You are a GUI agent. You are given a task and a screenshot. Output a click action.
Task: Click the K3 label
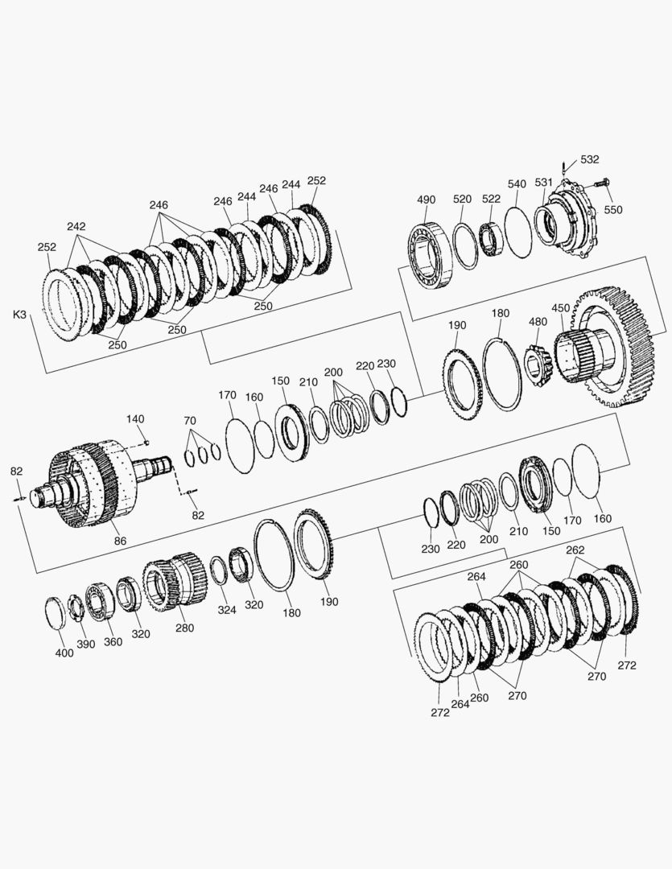pos(19,315)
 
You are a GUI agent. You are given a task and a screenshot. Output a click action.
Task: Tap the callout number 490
pos(426,200)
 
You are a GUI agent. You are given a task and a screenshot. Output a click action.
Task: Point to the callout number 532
pos(589,159)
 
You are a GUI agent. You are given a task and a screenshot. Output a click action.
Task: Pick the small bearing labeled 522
pos(491,238)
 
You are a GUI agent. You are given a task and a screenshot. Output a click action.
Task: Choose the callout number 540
pos(516,184)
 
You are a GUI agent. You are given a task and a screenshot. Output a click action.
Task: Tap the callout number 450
pos(561,308)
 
